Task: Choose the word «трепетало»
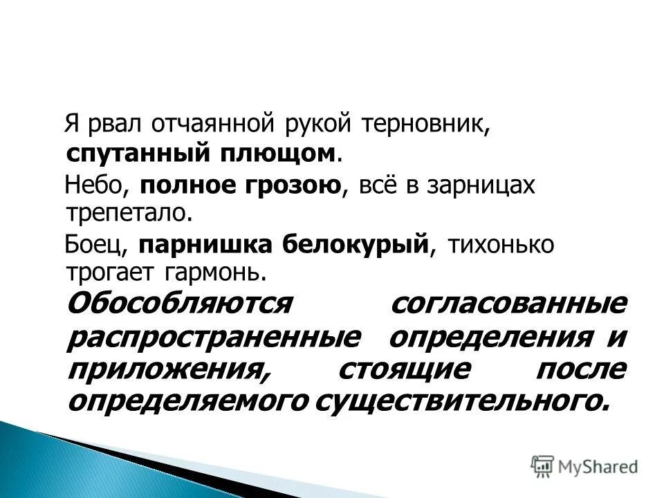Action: tap(126, 212)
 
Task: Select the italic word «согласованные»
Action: tap(508, 304)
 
